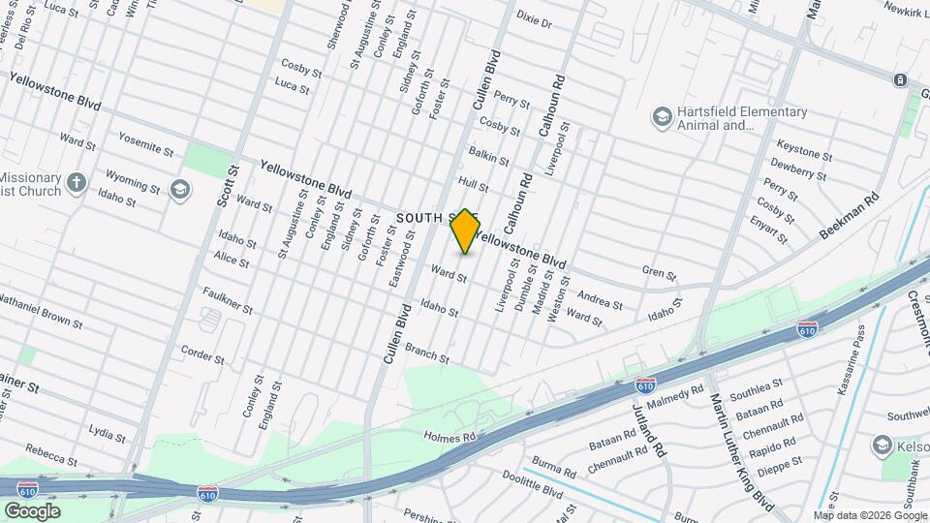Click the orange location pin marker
click(x=465, y=232)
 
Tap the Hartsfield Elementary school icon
click(x=662, y=117)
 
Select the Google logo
click(x=32, y=510)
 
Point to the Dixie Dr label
click(x=534, y=21)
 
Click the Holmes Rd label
click(x=450, y=438)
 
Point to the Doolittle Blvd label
click(x=532, y=484)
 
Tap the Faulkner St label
click(x=228, y=300)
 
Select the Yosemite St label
click(x=145, y=145)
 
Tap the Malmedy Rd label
click(x=680, y=394)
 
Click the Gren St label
click(x=659, y=274)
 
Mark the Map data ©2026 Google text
click(x=870, y=515)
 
